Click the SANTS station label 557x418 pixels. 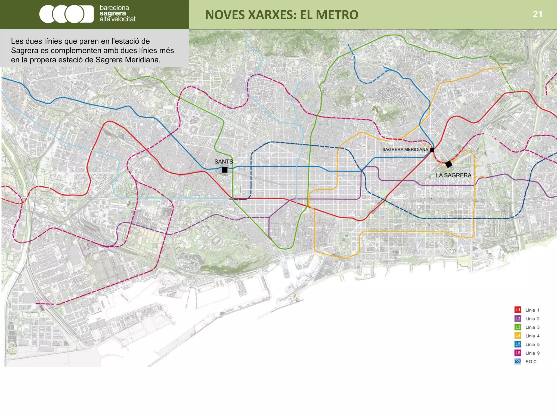(x=224, y=161)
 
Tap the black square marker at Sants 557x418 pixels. (x=224, y=170)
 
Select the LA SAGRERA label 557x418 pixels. (x=453, y=175)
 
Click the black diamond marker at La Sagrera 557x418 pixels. (x=448, y=164)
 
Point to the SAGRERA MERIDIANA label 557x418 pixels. (x=405, y=149)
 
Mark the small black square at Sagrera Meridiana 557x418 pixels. (x=432, y=150)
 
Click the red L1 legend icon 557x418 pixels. (x=518, y=310)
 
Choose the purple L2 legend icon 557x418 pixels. (x=518, y=318)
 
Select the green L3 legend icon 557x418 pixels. (x=518, y=327)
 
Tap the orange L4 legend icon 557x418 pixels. (x=518, y=336)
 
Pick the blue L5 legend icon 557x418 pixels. (x=518, y=344)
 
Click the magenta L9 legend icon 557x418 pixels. (x=518, y=353)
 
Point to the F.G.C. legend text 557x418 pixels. (x=531, y=362)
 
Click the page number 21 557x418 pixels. (x=537, y=14)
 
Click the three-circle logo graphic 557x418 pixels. (x=66, y=14)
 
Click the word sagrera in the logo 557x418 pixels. (x=113, y=13)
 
